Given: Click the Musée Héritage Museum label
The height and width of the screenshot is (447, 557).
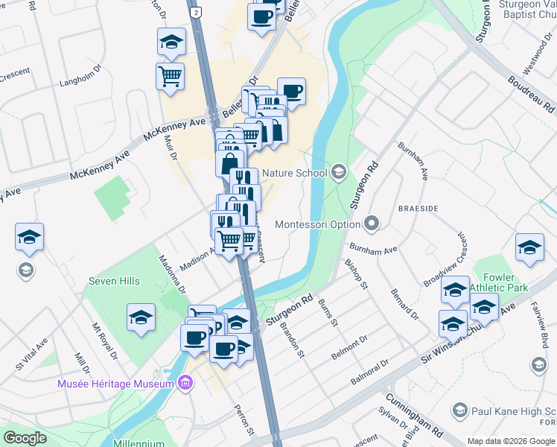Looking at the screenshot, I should click(x=116, y=384).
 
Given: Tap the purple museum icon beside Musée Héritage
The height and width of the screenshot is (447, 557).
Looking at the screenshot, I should click(x=186, y=384).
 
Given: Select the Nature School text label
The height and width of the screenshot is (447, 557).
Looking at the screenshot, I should click(x=294, y=173).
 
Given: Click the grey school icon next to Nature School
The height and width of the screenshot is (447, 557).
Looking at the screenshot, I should click(x=339, y=173).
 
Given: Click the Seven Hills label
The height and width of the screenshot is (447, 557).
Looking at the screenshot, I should click(x=113, y=281).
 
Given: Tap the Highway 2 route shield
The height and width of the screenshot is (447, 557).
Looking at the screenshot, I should click(x=195, y=13).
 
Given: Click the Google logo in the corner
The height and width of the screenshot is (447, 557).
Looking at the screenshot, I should click(x=25, y=438).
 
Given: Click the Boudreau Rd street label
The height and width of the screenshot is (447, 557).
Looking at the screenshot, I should click(x=531, y=94).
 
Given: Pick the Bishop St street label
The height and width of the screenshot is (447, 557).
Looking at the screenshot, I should click(x=357, y=273).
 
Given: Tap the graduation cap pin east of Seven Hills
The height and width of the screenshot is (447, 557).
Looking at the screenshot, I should click(x=141, y=317).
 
